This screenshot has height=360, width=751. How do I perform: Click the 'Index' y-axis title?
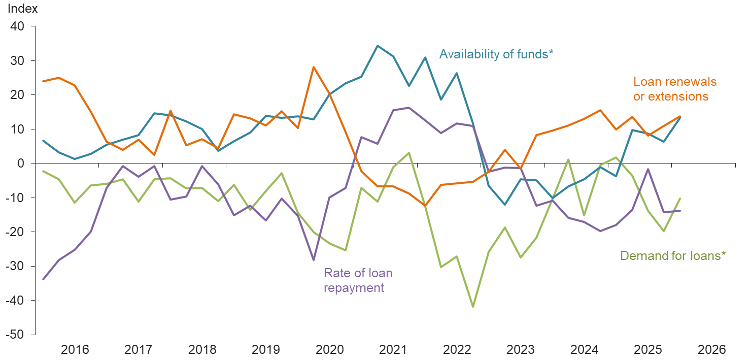[22, 9]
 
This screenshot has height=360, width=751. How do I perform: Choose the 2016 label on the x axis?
[75, 349]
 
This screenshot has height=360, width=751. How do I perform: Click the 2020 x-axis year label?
[330, 349]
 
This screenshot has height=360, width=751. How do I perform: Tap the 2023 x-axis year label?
[521, 349]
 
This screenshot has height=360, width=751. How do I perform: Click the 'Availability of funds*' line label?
[496, 54]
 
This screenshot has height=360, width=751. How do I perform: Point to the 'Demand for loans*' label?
[673, 255]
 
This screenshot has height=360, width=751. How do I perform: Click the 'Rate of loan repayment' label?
[358, 280]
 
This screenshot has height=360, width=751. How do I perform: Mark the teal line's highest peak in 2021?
[377, 46]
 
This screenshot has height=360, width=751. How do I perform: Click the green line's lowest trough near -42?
[473, 307]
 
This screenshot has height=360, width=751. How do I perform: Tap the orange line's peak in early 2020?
[314, 67]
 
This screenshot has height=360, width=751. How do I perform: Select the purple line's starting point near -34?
[43, 279]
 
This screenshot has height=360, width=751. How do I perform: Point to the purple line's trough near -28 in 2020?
[314, 260]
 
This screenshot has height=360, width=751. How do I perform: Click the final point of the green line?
[680, 199]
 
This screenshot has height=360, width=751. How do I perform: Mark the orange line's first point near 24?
[43, 81]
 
